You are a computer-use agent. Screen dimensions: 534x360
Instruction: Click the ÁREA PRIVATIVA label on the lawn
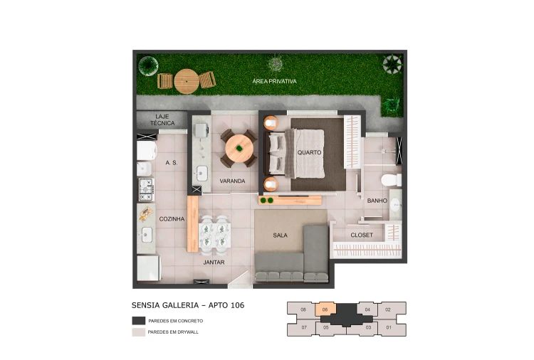click(x=275, y=81)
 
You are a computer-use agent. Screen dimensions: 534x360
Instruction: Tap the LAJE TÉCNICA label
click(x=162, y=120)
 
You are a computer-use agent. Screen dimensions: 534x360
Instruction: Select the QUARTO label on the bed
click(x=309, y=152)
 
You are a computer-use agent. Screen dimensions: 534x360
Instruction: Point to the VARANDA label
click(x=232, y=181)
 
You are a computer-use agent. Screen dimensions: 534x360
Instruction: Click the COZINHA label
click(x=172, y=219)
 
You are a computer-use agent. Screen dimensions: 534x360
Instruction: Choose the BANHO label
click(x=377, y=201)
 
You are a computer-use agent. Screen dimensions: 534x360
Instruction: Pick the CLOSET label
click(x=362, y=235)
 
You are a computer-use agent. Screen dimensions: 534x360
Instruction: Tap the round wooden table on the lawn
click(x=187, y=81)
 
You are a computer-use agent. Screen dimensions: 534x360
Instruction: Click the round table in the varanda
click(x=239, y=149)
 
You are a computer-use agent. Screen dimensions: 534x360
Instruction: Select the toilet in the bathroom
click(x=392, y=180)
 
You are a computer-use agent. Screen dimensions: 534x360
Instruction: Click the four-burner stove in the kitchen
click(x=147, y=189)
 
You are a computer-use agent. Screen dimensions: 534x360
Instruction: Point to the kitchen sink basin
click(x=147, y=235)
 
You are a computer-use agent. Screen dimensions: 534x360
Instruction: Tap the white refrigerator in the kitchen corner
click(x=149, y=268)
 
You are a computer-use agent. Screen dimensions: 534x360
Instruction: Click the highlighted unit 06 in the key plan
click(x=325, y=310)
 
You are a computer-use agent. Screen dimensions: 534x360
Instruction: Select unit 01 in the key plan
click(x=389, y=328)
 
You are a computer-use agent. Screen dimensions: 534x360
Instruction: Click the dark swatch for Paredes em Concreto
click(x=139, y=321)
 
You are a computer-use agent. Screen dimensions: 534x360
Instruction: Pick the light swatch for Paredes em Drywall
click(x=139, y=332)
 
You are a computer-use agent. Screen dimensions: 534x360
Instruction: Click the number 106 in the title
click(x=237, y=305)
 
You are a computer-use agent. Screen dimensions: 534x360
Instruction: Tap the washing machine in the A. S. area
click(x=147, y=150)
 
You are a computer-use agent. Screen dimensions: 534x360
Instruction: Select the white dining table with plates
click(x=214, y=235)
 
